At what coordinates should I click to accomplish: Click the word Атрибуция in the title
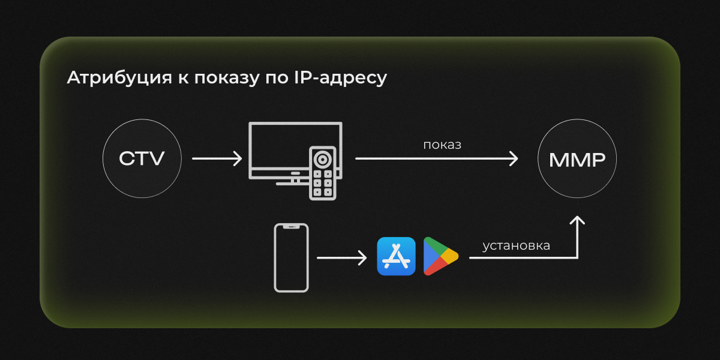(119, 78)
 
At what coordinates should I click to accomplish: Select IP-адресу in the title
(341, 78)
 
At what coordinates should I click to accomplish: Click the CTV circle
(142, 158)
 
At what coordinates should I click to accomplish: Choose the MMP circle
(577, 158)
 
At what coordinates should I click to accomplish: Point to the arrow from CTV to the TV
(217, 158)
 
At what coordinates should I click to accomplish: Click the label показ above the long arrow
(442, 145)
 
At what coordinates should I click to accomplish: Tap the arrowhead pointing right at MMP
(514, 158)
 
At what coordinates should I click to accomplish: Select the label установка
(516, 246)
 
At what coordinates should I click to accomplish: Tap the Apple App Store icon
(397, 256)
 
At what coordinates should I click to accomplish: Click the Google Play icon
(440, 256)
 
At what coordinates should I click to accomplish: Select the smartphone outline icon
(291, 258)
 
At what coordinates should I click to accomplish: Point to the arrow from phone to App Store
(341, 258)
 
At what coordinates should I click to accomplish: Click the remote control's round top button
(322, 159)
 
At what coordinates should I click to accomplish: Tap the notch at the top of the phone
(291, 227)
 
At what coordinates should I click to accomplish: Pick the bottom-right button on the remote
(328, 192)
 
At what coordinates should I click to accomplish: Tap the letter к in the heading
(183, 79)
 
